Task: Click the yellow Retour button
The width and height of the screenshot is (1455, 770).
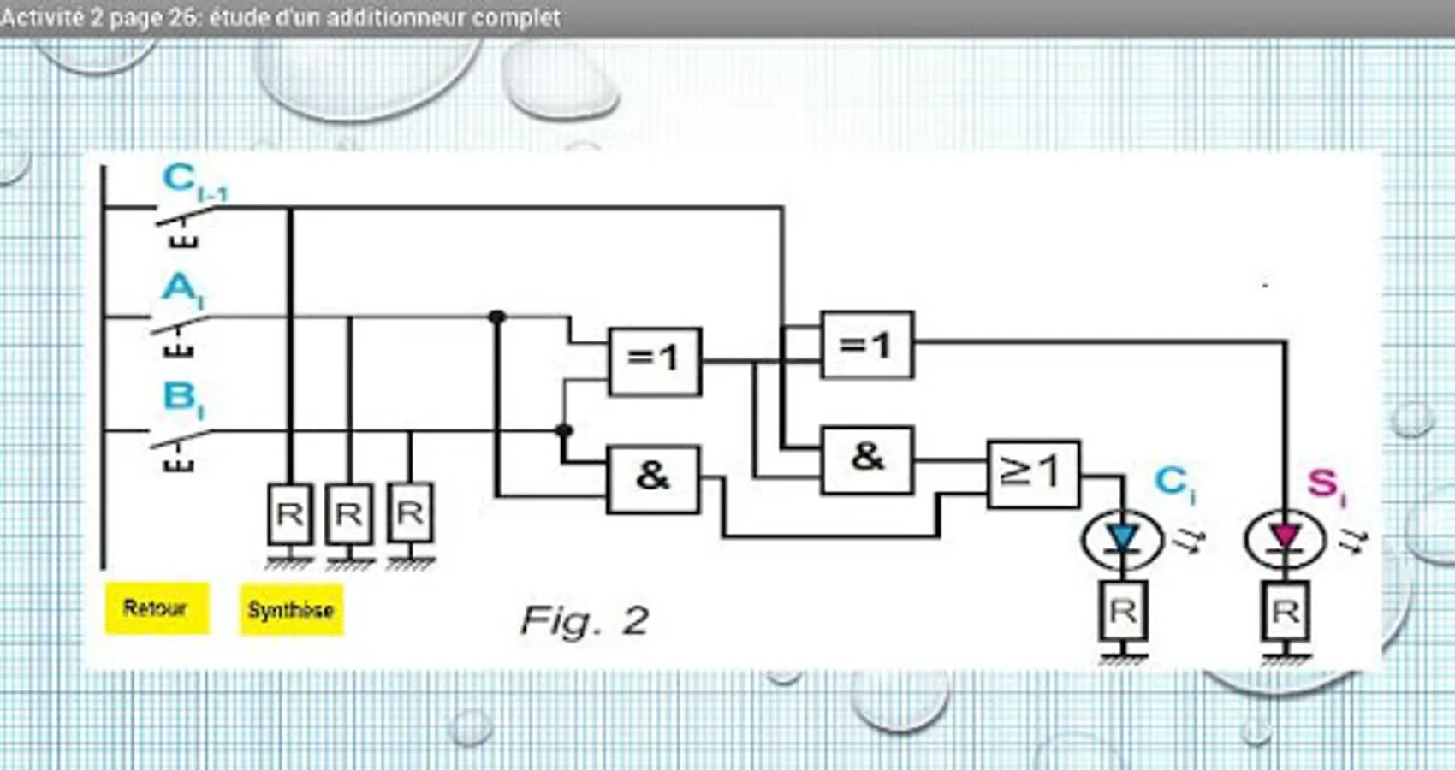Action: coord(156,608)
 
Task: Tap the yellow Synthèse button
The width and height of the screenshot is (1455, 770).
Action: coord(291,610)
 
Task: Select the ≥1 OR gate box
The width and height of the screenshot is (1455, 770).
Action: coord(1033,474)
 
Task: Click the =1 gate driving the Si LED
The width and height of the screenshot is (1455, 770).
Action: coord(867,345)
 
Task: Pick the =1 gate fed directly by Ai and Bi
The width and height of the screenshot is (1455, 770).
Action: coord(655,361)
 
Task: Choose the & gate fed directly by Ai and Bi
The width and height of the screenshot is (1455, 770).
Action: coord(653,478)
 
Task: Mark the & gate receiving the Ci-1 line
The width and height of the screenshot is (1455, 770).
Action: coord(867,459)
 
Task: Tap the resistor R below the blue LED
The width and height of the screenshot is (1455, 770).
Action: coord(1123,612)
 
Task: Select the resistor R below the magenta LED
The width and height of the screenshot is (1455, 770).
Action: coord(1286,612)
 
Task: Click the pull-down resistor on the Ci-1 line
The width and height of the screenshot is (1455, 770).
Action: coord(289,514)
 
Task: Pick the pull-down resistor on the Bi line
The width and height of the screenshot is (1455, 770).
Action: coord(410,513)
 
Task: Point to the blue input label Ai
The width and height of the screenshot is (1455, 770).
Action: coord(182,288)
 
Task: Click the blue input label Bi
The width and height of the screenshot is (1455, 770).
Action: coord(182,398)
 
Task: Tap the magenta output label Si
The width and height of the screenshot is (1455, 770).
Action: coord(1326,485)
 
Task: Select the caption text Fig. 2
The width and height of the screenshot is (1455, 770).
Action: coord(585,620)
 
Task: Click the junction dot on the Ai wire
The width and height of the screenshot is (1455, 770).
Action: coord(497,317)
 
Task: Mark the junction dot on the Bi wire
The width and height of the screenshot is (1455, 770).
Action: coord(564,430)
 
